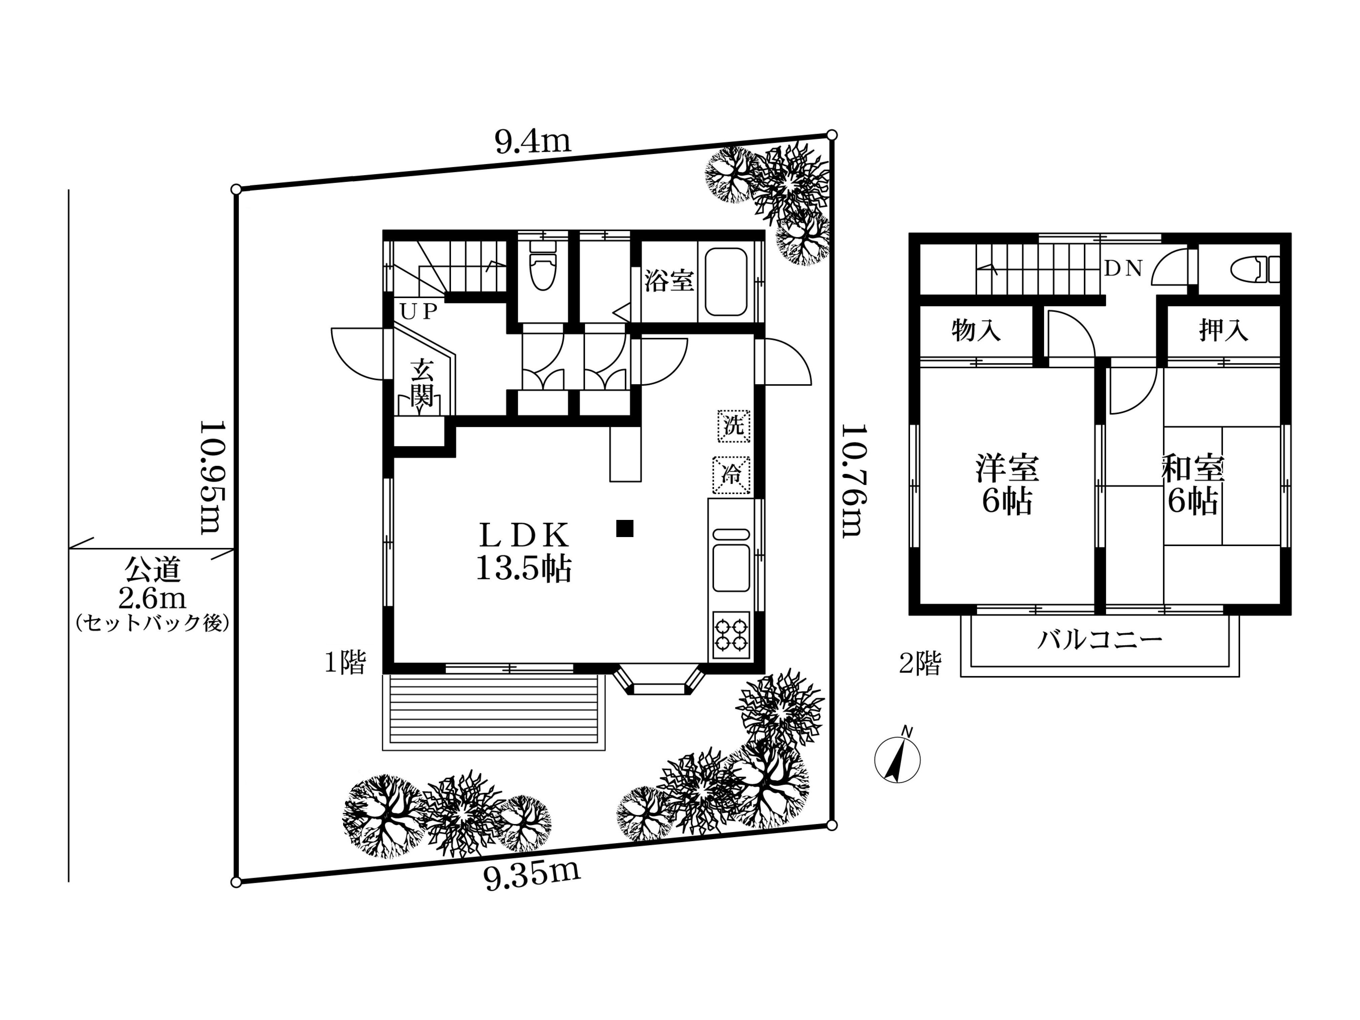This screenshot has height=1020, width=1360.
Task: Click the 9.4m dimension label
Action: click(x=533, y=142)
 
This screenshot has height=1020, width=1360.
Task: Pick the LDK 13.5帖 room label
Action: click(x=524, y=552)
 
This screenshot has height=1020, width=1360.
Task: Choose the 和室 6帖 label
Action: click(x=1192, y=485)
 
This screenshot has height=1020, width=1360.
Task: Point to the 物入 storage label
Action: click(x=976, y=331)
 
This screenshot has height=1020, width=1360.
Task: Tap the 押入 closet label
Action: click(x=1224, y=331)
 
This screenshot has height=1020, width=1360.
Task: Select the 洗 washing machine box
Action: click(x=734, y=425)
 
